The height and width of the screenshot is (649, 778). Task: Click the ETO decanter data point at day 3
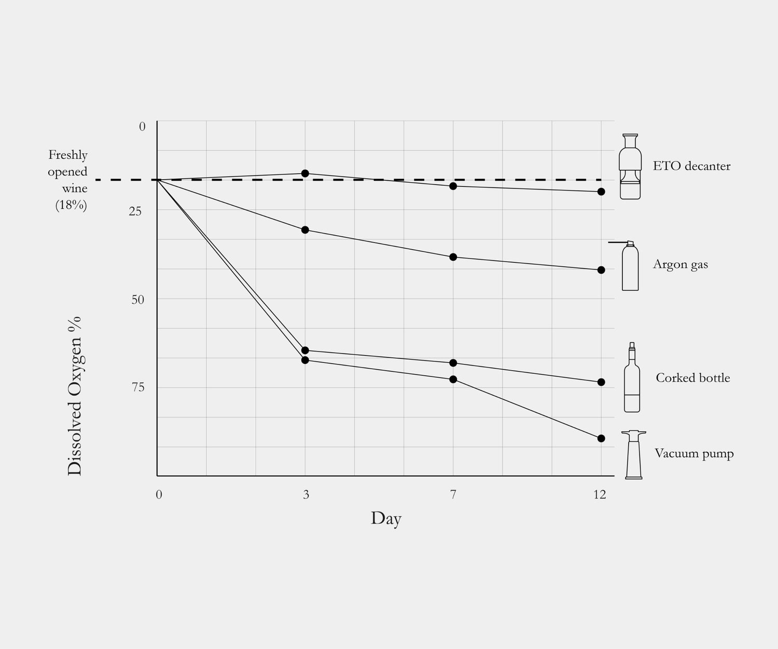pos(305,173)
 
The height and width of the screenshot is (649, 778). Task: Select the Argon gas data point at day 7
pos(453,257)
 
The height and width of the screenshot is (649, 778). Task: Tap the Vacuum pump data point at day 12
pos(601,439)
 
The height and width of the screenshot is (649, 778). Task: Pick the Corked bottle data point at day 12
pos(601,382)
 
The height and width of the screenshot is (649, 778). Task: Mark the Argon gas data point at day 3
pos(305,230)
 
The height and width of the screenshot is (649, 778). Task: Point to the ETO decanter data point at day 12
pos(601,192)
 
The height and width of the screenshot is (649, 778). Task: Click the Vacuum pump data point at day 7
pos(453,380)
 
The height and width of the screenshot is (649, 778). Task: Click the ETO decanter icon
pos(630,167)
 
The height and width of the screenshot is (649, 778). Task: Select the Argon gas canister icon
pos(630,266)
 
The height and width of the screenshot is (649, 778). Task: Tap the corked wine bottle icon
pos(632,378)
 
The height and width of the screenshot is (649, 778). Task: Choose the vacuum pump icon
pos(633,454)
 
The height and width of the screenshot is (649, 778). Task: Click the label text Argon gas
pos(680,265)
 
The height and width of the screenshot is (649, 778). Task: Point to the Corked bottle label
pos(692,378)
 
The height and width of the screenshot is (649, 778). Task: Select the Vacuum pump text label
pos(694,454)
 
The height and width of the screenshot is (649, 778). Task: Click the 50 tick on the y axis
pos(137,300)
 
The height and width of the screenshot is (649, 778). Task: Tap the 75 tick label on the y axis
pos(137,387)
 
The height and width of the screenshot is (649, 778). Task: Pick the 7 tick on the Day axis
pos(453,495)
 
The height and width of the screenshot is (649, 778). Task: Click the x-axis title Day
pos(386,519)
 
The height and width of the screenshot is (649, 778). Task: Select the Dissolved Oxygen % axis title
pos(75,396)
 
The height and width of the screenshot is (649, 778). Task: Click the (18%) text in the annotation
pos(71,206)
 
